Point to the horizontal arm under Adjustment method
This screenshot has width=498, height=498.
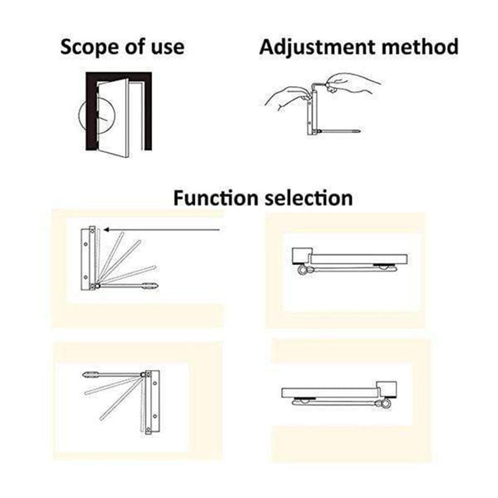coord(339,131)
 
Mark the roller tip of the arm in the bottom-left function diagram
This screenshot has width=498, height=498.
coord(89,375)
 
